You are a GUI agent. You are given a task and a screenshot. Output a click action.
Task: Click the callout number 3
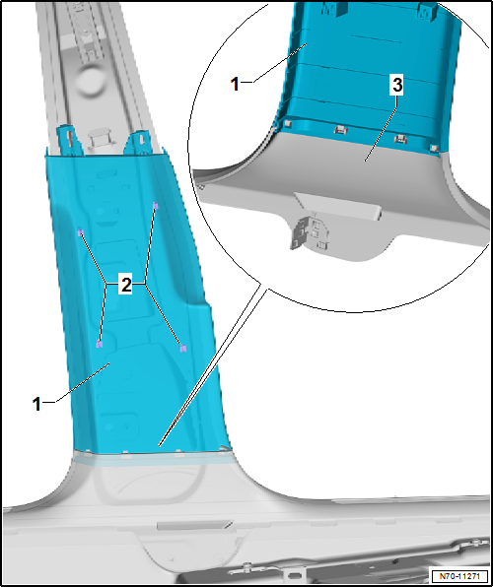pyautogui.click(x=396, y=86)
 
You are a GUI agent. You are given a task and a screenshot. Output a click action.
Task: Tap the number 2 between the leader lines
pyautogui.click(x=125, y=286)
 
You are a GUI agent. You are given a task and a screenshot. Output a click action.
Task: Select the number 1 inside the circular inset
pyautogui.click(x=235, y=84)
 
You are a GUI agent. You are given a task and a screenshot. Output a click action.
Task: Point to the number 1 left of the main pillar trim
pyautogui.click(x=36, y=404)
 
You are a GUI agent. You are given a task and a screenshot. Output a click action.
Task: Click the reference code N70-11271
pyautogui.click(x=459, y=576)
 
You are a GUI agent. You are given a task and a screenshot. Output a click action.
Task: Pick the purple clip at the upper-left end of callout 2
pyautogui.click(x=80, y=232)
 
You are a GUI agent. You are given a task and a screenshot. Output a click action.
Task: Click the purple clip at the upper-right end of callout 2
pyautogui.click(x=156, y=206)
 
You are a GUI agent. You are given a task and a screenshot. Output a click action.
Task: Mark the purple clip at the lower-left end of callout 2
pyautogui.click(x=99, y=344)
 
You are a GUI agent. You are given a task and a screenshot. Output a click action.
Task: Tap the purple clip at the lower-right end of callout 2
pyautogui.click(x=182, y=349)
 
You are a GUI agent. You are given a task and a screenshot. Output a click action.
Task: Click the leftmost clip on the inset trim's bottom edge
pyautogui.click(x=288, y=123)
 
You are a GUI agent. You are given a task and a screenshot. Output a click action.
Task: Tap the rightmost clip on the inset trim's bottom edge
pyautogui.click(x=434, y=147)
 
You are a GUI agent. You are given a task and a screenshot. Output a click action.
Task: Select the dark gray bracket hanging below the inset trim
pyautogui.click(x=303, y=231)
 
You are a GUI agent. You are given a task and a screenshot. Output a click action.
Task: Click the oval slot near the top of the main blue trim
pyautogui.click(x=108, y=174)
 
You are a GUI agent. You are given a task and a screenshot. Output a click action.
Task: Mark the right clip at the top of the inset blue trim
pyautogui.click(x=428, y=11)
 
